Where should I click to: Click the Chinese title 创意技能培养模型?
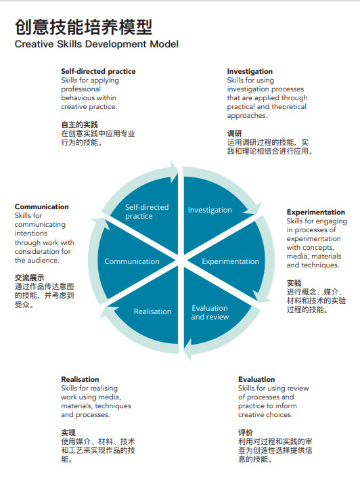[83, 27]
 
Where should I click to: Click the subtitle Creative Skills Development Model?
[97, 44]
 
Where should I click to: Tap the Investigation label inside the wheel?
[210, 210]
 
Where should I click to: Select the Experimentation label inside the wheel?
[230, 261]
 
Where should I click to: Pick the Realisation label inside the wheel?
[153, 311]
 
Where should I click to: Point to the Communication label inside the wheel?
[132, 261]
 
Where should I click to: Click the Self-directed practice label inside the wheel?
[147, 211]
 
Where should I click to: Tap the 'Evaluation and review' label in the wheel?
[210, 312]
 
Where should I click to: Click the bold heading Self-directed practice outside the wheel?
[98, 71]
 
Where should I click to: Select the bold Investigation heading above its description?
[250, 71]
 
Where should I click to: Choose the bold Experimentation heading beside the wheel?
[316, 212]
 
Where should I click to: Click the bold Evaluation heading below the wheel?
[256, 379]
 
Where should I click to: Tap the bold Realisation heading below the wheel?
[80, 379]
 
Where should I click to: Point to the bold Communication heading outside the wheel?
[42, 206]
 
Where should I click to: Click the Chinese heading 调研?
[234, 133]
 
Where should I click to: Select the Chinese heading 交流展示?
[30, 278]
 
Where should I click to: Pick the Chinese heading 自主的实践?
[80, 125]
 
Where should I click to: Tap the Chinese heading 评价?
[246, 433]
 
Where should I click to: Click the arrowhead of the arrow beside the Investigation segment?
[254, 209]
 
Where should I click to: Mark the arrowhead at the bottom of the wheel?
[187, 349]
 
